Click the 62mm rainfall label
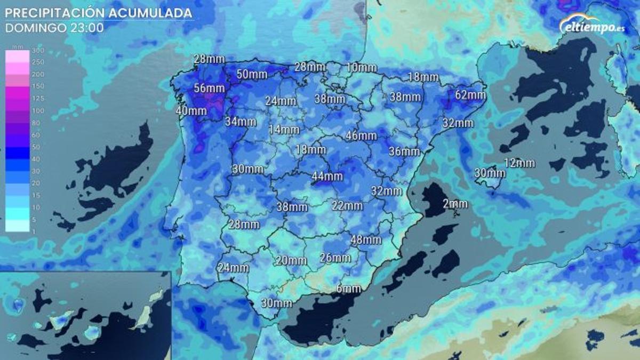470,95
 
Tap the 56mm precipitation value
209,88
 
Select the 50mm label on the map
252,75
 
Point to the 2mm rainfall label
455,204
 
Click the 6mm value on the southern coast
349,289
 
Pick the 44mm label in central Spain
327,176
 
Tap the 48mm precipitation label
366,240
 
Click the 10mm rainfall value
361,68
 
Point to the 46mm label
361,135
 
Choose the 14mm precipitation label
284,129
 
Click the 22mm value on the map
347,205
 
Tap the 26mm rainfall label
335,258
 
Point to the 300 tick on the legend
38,51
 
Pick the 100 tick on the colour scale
38,111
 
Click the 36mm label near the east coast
404,151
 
